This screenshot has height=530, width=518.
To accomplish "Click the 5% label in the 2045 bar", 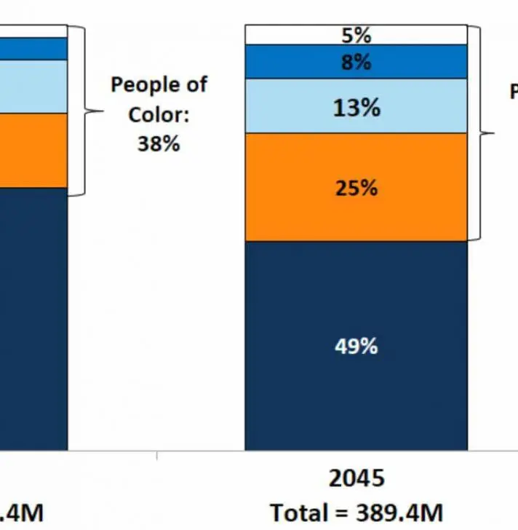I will [x=356, y=34].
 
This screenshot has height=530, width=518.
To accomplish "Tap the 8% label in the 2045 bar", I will [x=356, y=62].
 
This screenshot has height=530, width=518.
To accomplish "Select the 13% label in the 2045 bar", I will [x=356, y=108].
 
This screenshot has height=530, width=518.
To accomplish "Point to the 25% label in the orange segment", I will [x=356, y=188].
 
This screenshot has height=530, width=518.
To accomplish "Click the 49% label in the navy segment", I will [x=356, y=346].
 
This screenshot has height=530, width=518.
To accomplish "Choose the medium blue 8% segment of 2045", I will [x=291, y=62].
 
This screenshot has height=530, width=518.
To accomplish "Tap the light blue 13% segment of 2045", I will [x=291, y=106].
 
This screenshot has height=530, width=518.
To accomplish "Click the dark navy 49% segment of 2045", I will [x=291, y=393].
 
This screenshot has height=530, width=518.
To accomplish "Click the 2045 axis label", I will [x=356, y=478].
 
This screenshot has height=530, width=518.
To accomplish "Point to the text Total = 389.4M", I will [x=356, y=513].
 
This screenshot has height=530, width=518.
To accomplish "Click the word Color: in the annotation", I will [x=159, y=114].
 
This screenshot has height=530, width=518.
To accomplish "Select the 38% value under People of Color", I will [x=159, y=143].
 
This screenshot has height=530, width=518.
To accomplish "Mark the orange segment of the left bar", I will [x=33, y=150].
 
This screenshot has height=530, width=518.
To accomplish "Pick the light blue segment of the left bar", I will [x=33, y=86].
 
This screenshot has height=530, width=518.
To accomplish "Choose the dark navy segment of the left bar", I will [x=33, y=320].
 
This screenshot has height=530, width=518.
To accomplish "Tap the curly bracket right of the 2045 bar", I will [x=480, y=133].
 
